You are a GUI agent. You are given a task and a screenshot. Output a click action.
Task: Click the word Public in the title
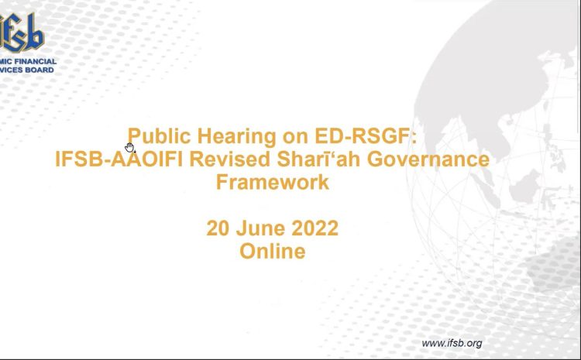click(x=159, y=137)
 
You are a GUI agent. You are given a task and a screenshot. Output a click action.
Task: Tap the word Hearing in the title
click(x=237, y=137)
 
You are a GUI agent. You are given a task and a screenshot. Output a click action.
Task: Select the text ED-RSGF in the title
click(x=362, y=136)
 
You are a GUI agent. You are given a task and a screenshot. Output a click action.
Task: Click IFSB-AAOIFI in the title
click(x=119, y=159)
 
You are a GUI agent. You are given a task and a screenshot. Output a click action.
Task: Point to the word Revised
click(x=230, y=159)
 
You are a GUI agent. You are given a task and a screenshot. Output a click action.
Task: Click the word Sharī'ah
click(x=318, y=159)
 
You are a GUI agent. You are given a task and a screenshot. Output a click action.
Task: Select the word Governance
click(x=428, y=159)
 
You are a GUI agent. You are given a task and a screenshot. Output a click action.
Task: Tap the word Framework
click(x=273, y=182)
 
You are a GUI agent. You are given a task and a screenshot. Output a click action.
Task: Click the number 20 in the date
click(x=218, y=228)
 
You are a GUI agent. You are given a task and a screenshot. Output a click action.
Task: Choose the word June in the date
click(x=260, y=228)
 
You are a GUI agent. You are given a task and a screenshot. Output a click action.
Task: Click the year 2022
click(x=315, y=228)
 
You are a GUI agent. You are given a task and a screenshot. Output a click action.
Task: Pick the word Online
click(x=273, y=251)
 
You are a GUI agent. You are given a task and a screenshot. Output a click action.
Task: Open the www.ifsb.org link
click(x=452, y=343)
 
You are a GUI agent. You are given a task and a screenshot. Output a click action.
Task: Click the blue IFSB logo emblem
click(x=22, y=33)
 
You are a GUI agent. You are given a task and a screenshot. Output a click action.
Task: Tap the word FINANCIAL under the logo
click(x=38, y=61)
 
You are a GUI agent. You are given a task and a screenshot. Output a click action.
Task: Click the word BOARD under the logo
click(x=40, y=70)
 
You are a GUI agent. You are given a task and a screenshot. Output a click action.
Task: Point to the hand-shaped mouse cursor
click(x=129, y=147)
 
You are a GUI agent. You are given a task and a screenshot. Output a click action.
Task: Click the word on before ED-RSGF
click(x=295, y=137)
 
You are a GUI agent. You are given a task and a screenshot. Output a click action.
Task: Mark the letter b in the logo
click(x=36, y=32)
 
